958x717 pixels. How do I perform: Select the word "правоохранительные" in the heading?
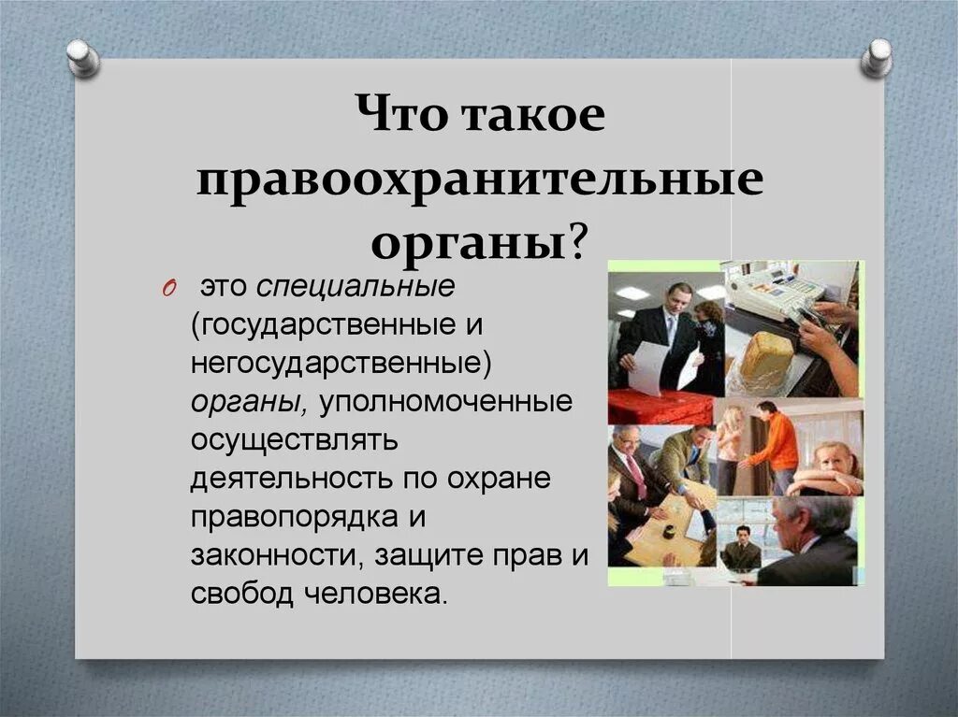pyautogui.click(x=479, y=180)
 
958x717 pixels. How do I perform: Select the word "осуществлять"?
pyautogui.click(x=296, y=440)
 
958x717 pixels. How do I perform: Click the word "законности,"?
pyautogui.click(x=277, y=555)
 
